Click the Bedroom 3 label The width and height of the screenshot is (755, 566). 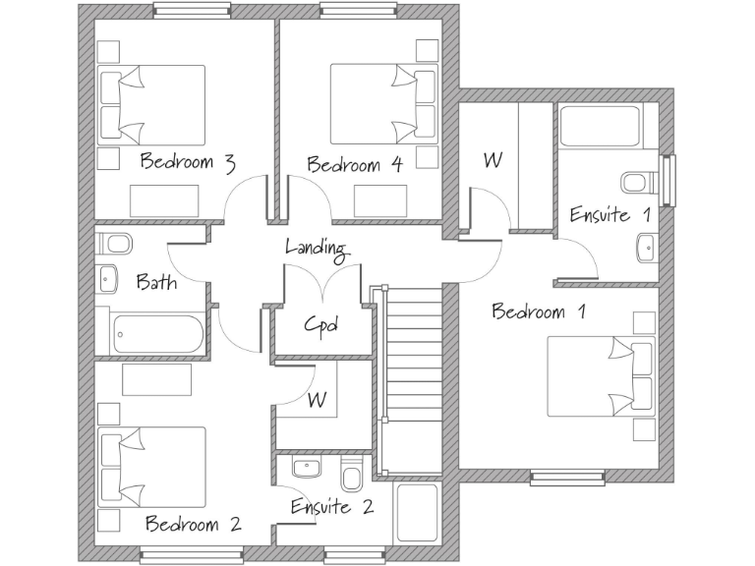coord(188,162)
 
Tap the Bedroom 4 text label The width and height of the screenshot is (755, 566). coord(355,164)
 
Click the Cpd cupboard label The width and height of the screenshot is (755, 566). coord(320,323)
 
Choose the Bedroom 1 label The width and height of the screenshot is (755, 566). coord(539,312)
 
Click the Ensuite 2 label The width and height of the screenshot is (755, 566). coord(332,507)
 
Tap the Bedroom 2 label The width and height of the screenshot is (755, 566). coord(193,523)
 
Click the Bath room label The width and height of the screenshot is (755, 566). coord(156,283)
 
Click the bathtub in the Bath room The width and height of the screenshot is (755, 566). coord(157,334)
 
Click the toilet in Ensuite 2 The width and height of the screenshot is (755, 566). coord(350,476)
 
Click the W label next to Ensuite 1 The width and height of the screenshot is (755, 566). coord(493,159)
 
